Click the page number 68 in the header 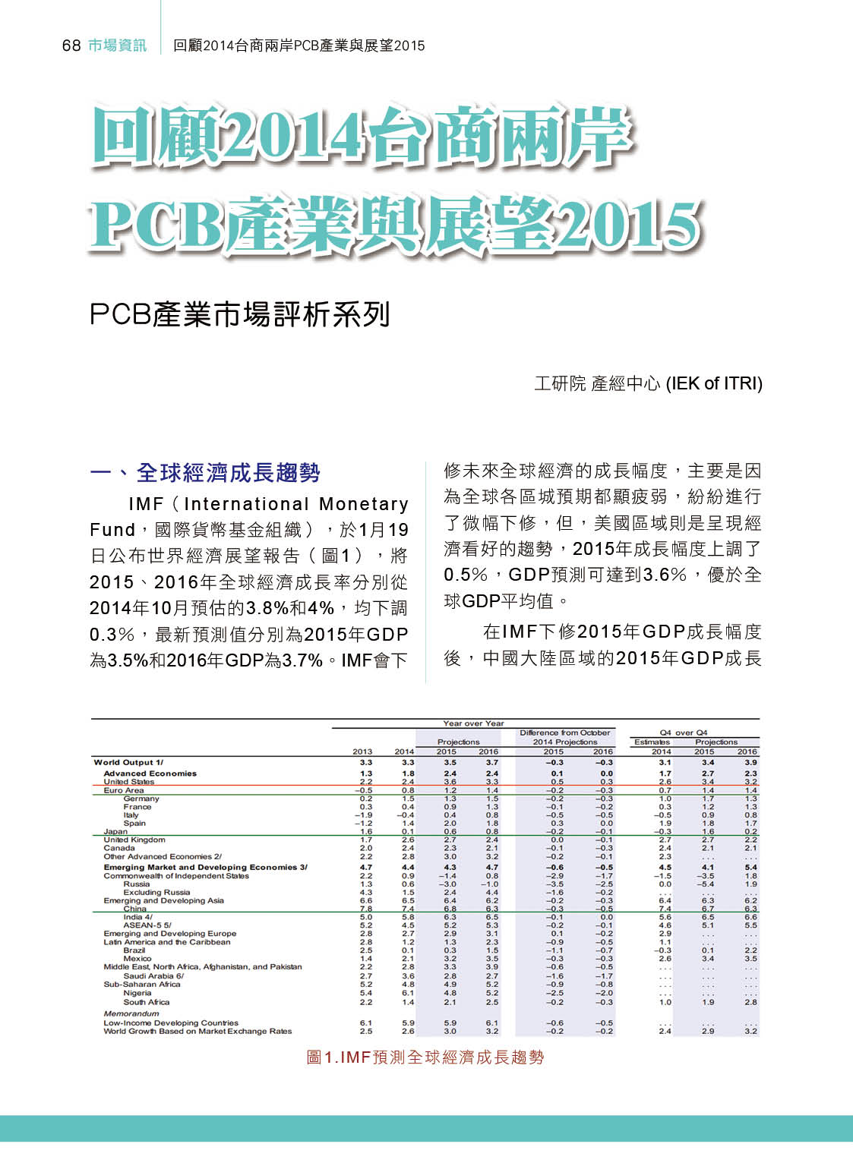(x=71, y=46)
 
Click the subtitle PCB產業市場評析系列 (x=240, y=314)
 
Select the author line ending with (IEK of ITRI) (x=648, y=383)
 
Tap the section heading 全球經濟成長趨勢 (x=228, y=473)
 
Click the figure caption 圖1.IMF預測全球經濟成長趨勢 (x=425, y=1057)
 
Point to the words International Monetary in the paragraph (x=296, y=504)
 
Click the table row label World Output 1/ (x=128, y=762)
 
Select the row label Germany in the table (x=141, y=799)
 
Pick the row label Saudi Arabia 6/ (x=153, y=976)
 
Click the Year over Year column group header (x=473, y=723)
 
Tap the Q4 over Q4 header (x=684, y=733)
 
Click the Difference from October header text (x=564, y=733)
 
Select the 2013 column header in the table (x=362, y=752)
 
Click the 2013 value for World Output (x=366, y=762)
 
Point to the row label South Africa (x=147, y=1002)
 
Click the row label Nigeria (x=137, y=993)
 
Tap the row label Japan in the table (x=115, y=831)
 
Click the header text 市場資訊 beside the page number (x=117, y=46)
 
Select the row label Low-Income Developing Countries (x=171, y=1023)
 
